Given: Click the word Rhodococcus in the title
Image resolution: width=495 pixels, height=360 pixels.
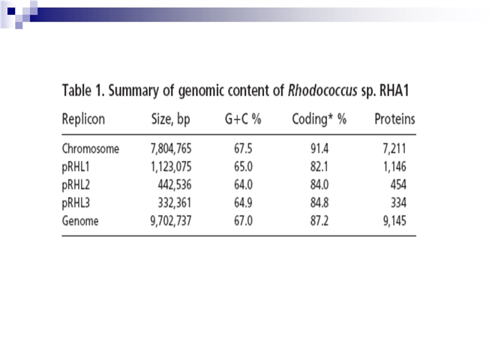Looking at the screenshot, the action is pyautogui.click(x=322, y=91).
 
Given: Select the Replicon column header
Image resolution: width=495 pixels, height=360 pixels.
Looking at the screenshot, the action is pyautogui.click(x=83, y=119).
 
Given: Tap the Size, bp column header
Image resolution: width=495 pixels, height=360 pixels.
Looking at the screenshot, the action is pyautogui.click(x=171, y=120).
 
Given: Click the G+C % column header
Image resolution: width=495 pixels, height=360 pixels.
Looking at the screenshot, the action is pyautogui.click(x=243, y=119).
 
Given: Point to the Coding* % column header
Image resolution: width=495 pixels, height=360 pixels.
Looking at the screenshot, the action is pyautogui.click(x=319, y=119).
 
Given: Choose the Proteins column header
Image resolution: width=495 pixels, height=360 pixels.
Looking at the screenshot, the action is pyautogui.click(x=394, y=119).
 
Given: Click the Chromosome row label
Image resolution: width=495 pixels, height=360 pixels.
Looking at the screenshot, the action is pyautogui.click(x=91, y=148).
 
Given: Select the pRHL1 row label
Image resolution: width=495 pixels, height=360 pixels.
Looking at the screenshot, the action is pyautogui.click(x=76, y=167).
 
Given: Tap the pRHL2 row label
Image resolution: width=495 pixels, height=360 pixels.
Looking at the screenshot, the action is pyautogui.click(x=76, y=185).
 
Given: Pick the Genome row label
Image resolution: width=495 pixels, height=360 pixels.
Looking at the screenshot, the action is pyautogui.click(x=80, y=221).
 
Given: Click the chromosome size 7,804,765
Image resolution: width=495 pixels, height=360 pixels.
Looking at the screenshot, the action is pyautogui.click(x=171, y=149).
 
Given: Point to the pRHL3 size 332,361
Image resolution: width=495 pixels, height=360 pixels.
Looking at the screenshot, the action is pyautogui.click(x=175, y=203).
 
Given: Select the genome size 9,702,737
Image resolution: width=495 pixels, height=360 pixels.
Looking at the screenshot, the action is pyautogui.click(x=171, y=221).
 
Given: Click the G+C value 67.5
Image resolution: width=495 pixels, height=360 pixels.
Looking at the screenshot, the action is pyautogui.click(x=243, y=148).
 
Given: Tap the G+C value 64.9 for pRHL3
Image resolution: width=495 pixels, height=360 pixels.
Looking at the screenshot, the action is pyautogui.click(x=243, y=202).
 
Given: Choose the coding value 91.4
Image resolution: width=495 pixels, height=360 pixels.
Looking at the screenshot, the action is pyautogui.click(x=319, y=148).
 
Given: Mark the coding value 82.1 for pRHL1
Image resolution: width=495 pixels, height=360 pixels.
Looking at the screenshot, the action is pyautogui.click(x=319, y=166).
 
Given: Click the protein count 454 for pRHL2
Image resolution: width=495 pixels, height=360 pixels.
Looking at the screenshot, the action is pyautogui.click(x=398, y=184).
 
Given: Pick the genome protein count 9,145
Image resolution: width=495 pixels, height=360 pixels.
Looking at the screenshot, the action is pyautogui.click(x=394, y=221).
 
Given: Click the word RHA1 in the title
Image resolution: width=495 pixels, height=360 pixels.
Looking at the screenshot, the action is pyautogui.click(x=394, y=91).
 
